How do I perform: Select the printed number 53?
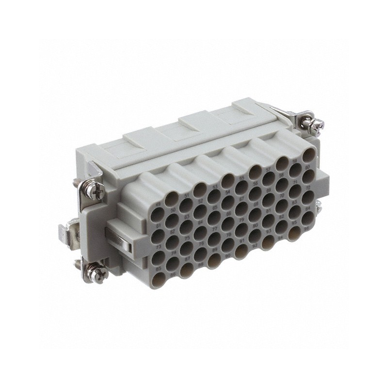tap(215, 186)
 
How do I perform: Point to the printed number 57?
tap(268, 169)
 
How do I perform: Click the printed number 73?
tap(159, 247)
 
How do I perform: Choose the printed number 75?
tap(187, 237)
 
